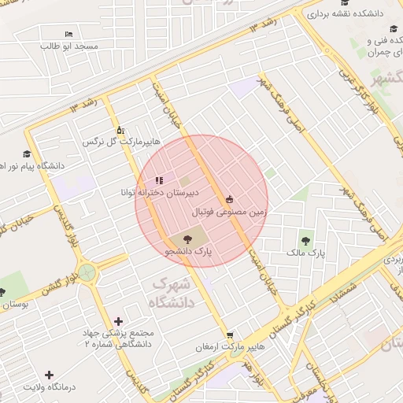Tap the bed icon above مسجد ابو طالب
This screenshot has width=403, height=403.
(68, 35)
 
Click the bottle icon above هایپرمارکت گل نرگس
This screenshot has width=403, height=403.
(120, 131)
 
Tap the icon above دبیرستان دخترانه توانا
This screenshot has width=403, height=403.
(159, 180)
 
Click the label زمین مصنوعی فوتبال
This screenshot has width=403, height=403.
(229, 212)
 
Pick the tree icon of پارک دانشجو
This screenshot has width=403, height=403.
(187, 238)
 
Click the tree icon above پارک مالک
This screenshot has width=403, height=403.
(305, 240)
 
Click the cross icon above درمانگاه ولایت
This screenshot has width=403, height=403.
(50, 375)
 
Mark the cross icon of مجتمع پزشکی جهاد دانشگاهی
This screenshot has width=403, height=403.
(119, 321)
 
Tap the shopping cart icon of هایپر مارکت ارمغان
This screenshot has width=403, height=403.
(229, 335)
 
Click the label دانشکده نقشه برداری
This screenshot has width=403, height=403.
(351, 13)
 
